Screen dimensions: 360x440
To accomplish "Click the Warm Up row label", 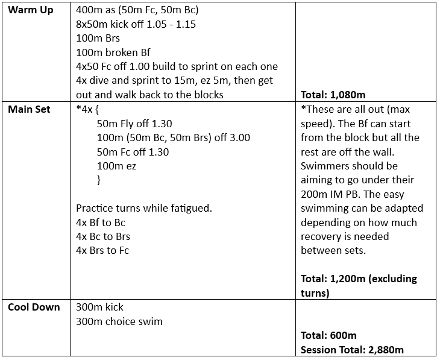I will click(x=30, y=11).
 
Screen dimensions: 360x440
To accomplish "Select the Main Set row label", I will click(x=29, y=110).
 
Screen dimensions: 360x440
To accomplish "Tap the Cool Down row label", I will click(x=34, y=307).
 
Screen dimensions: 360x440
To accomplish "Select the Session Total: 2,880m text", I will click(x=352, y=349).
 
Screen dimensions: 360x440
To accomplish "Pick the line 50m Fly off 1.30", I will click(x=134, y=124).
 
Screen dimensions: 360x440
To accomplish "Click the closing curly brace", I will click(x=99, y=180).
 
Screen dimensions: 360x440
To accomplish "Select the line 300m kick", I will click(x=99, y=307).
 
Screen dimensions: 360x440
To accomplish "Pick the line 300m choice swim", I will click(x=119, y=321).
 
